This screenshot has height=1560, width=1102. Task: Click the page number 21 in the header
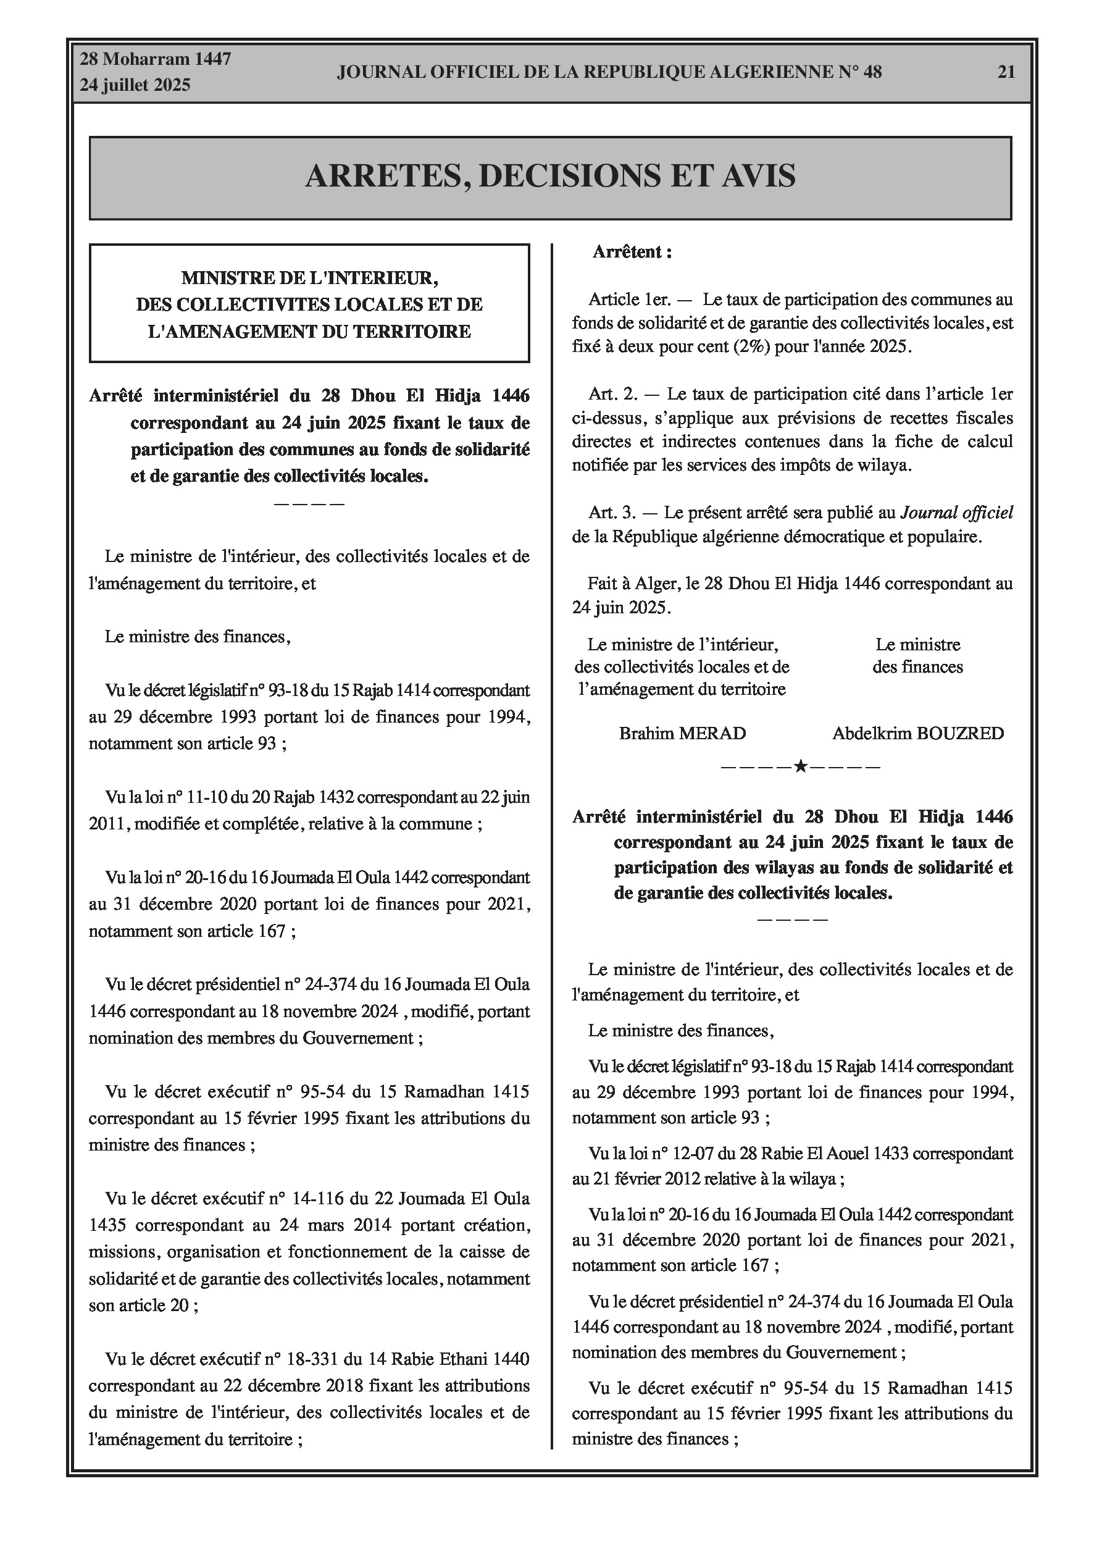(1006, 72)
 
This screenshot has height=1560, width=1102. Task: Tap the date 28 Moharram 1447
(155, 59)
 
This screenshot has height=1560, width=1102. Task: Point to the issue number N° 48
(859, 72)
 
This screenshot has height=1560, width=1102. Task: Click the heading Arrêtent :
(632, 252)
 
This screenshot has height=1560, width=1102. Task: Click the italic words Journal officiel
(956, 513)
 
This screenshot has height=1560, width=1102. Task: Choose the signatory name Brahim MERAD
(682, 734)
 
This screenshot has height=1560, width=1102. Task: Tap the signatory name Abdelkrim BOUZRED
(918, 734)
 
